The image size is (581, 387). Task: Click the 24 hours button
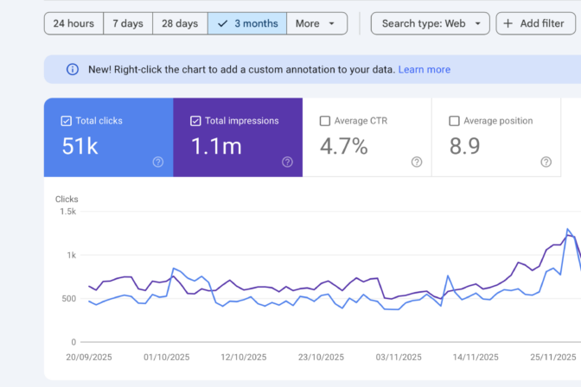click(x=73, y=23)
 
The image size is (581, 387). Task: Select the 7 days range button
click(x=128, y=23)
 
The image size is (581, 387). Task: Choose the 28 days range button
click(x=180, y=23)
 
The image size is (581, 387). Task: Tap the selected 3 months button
click(x=247, y=23)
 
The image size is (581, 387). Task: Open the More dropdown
click(x=316, y=23)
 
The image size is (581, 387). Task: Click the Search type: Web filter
click(x=431, y=23)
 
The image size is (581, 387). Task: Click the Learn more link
click(x=425, y=70)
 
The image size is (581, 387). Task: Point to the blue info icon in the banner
click(x=73, y=69)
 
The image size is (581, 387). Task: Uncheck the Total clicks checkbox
click(x=66, y=121)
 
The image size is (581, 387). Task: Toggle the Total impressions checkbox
click(x=195, y=121)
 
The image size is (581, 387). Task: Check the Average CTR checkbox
click(x=324, y=121)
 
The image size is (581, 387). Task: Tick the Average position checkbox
click(x=454, y=121)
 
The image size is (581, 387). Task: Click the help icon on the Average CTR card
click(x=417, y=162)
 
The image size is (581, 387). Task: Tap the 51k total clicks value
click(x=80, y=146)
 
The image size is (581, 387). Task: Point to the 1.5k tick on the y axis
click(x=67, y=212)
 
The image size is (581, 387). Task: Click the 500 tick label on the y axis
click(x=68, y=299)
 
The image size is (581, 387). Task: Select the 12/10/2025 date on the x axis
click(x=244, y=357)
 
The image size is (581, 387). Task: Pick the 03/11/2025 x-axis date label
click(x=399, y=357)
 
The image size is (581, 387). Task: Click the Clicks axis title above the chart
click(x=67, y=200)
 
